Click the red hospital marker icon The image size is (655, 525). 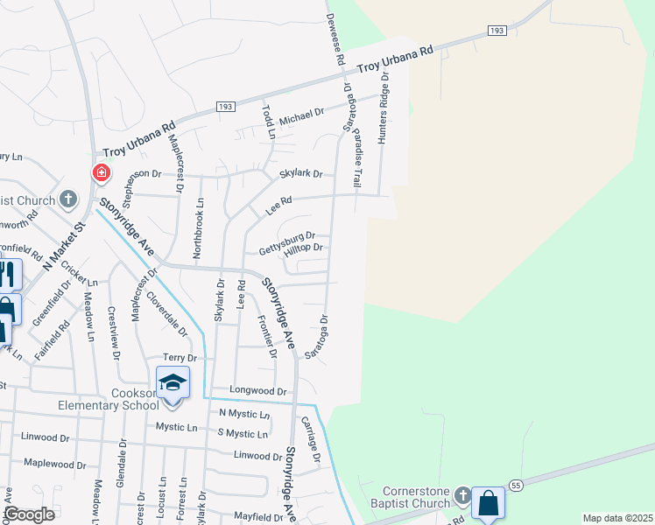coord(102,172)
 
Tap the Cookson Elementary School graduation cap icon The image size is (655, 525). coord(173,382)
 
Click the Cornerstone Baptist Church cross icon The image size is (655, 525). coord(461,498)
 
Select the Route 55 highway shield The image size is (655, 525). coord(516,485)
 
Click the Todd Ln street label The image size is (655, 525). coord(269,123)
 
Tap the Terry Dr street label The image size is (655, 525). coord(180,358)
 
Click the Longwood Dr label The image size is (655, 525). coord(258,390)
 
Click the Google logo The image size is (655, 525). coord(29,514)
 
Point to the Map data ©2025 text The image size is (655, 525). coord(616,518)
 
